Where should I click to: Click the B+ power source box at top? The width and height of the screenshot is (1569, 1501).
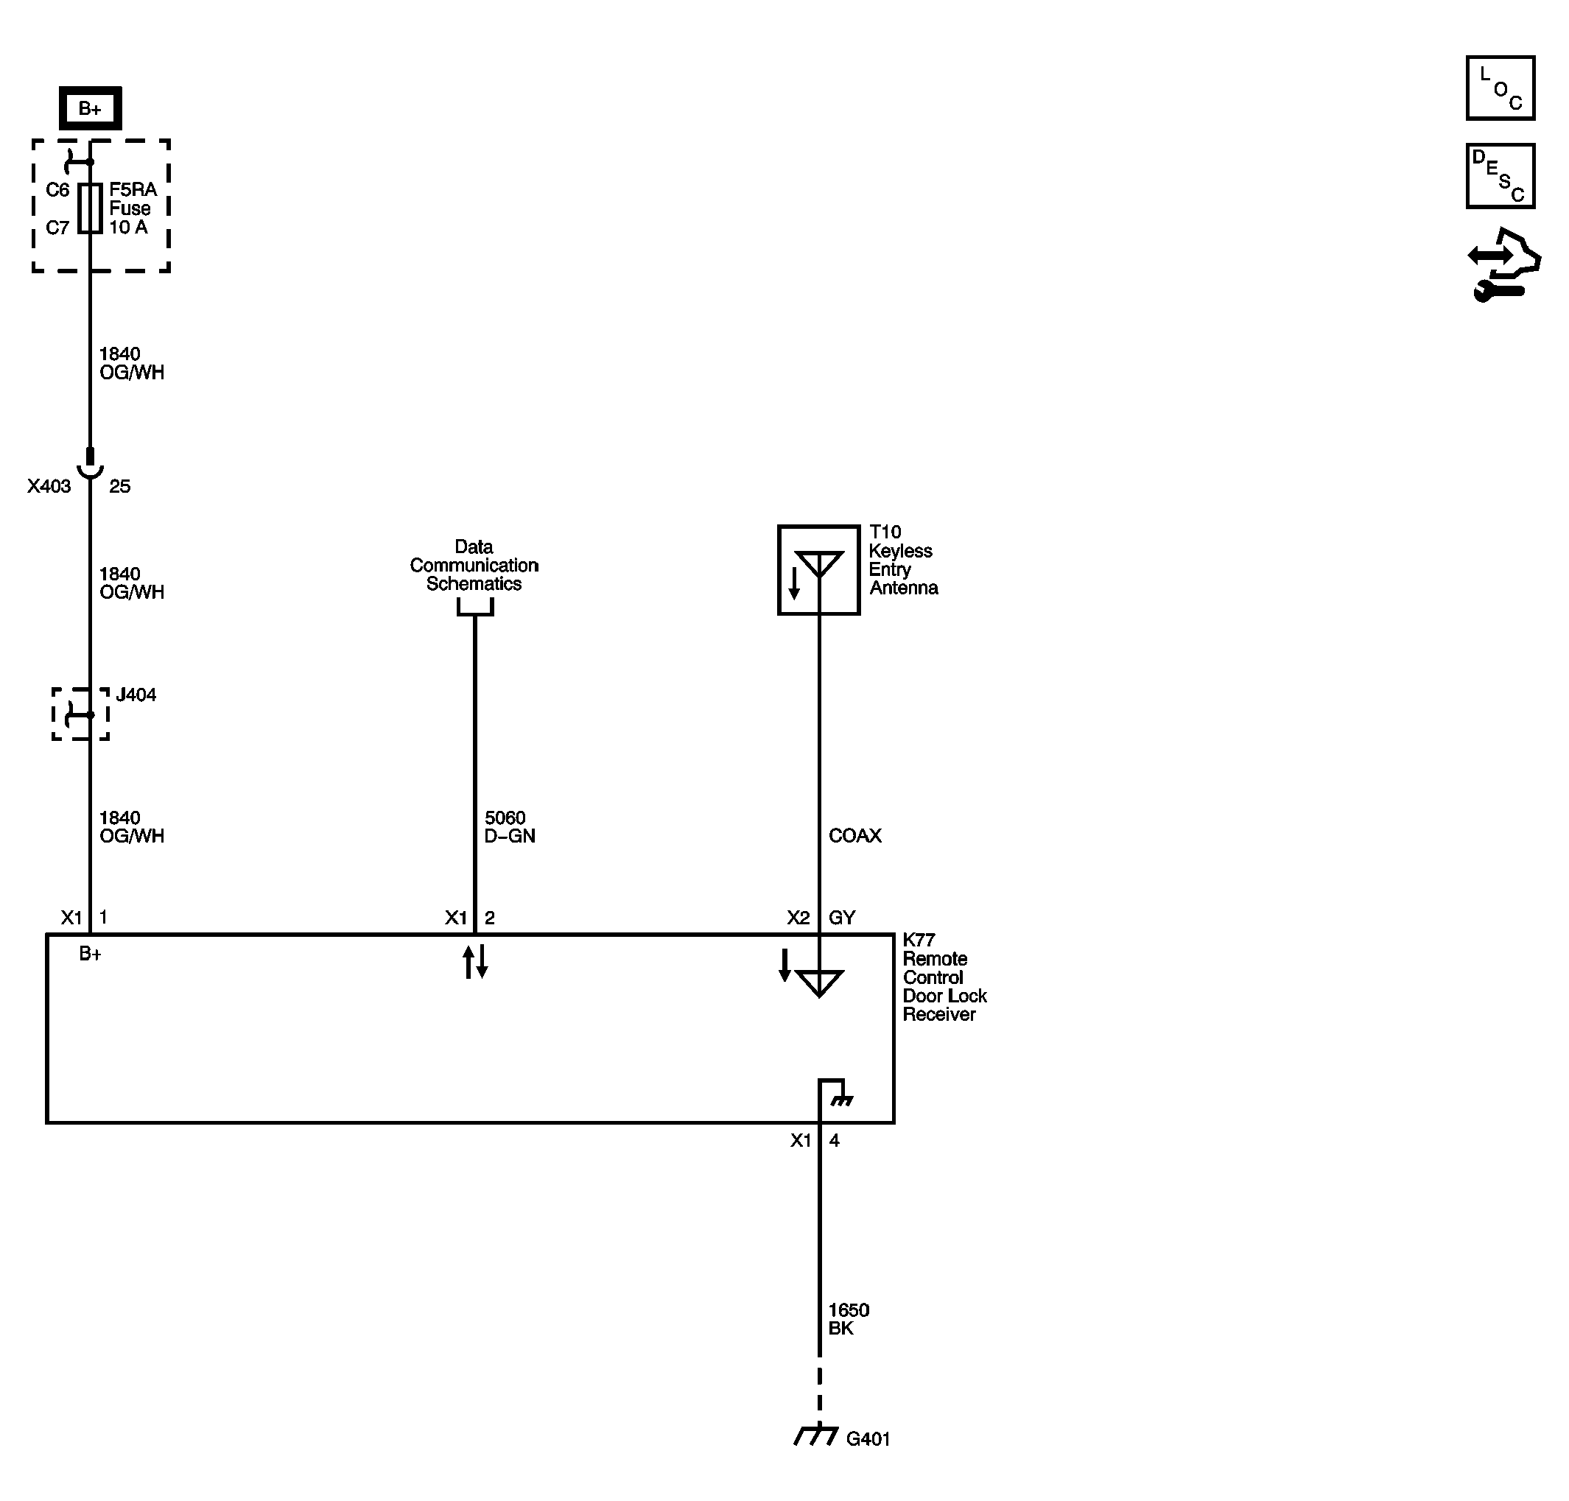(90, 108)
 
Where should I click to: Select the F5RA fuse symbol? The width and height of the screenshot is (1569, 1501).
(90, 208)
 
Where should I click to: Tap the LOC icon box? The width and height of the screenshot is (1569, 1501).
(1500, 88)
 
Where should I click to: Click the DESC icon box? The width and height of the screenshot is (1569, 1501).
(1500, 176)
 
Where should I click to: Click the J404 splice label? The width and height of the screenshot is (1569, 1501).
(136, 695)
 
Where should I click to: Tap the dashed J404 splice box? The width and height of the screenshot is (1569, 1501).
(80, 714)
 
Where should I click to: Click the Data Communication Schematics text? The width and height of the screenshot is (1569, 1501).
(474, 565)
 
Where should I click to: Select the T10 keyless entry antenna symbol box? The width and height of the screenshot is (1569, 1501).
(818, 569)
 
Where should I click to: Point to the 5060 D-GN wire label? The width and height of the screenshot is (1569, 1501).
(509, 826)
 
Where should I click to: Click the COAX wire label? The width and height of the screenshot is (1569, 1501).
(854, 835)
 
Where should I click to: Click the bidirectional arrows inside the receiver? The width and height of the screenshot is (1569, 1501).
(474, 961)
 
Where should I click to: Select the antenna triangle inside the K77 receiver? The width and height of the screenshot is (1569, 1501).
(818, 982)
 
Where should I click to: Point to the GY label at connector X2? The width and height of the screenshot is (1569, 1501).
(842, 918)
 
